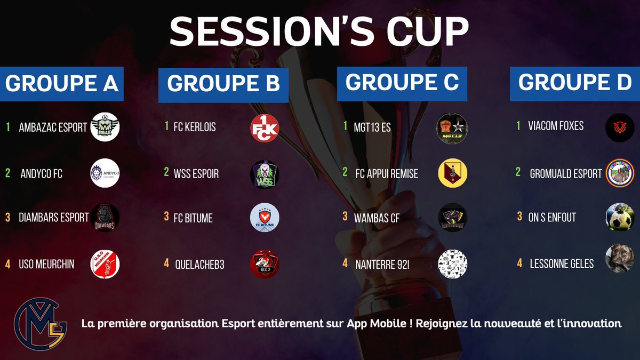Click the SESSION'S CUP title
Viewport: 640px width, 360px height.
tap(319, 32)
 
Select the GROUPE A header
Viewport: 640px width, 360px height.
tap(61, 84)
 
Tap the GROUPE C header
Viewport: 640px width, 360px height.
tap(402, 83)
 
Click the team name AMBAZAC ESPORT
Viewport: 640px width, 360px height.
tap(52, 127)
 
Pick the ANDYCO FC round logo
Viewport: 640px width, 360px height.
tap(105, 173)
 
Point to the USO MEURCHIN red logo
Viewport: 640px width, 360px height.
tap(105, 265)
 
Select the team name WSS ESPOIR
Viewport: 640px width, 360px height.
tap(196, 174)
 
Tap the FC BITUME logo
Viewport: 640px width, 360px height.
tap(265, 218)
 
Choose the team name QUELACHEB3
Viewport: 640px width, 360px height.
tap(197, 264)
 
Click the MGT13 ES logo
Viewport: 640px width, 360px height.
tap(452, 127)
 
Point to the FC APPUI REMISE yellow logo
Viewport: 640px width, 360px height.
tap(452, 173)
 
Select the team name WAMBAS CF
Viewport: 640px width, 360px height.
tap(377, 218)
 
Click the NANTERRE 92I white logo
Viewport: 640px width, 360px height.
tap(452, 263)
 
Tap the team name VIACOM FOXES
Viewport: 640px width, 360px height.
tap(556, 126)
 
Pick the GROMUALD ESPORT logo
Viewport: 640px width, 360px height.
tap(620, 173)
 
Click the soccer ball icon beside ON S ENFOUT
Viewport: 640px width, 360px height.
tap(620, 218)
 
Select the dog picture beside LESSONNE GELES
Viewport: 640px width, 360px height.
tap(620, 259)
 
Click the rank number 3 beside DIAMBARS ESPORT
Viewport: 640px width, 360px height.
tap(8, 218)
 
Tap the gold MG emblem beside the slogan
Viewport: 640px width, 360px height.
tap(41, 323)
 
